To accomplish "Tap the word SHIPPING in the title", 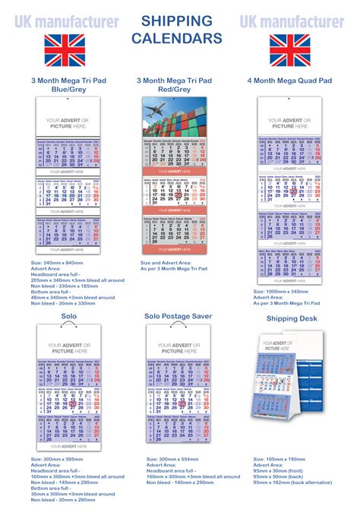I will click(x=177, y=21).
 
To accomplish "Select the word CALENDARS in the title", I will click(x=177, y=37).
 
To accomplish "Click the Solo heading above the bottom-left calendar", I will click(x=69, y=315).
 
